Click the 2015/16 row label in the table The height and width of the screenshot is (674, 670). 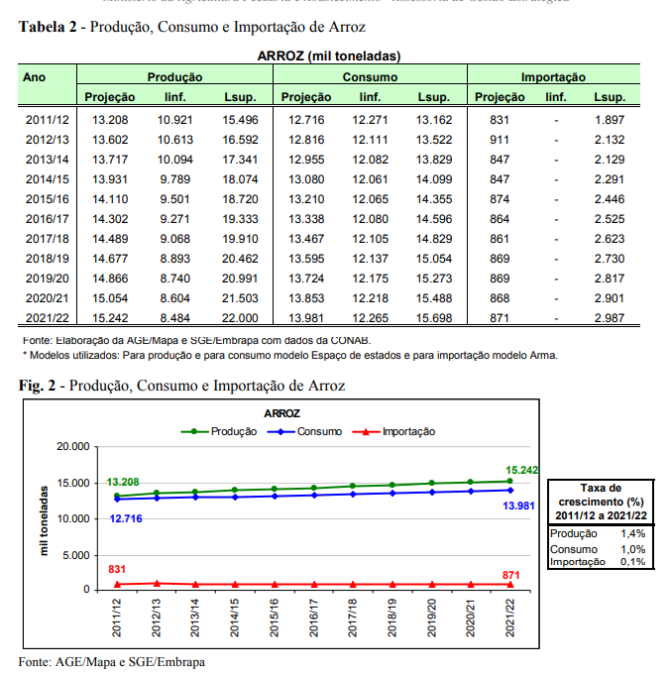47,199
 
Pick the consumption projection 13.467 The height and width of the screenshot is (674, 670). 306,239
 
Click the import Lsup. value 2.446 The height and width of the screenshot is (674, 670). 610,199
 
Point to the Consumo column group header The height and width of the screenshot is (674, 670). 370,76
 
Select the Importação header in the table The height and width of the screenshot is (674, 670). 553,76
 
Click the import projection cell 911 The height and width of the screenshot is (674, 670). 500,140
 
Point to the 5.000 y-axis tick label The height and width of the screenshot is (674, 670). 74,554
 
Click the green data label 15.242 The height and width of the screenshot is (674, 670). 521,470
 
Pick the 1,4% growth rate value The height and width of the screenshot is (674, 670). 632,533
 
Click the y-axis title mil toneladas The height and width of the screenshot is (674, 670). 45,518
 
